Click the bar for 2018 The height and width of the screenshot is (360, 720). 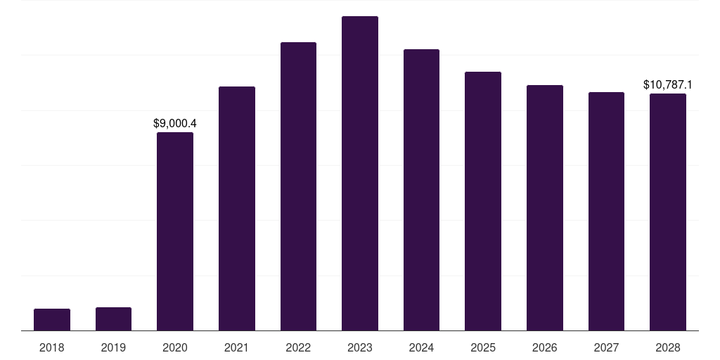tap(52, 319)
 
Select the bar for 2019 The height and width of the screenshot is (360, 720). tap(113, 319)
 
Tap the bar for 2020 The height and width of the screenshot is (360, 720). tap(175, 231)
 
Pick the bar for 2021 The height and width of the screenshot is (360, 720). tap(237, 208)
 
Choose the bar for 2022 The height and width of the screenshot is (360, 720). tap(298, 186)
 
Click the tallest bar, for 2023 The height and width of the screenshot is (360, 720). tap(360, 173)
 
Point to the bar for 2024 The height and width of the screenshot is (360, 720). tap(421, 190)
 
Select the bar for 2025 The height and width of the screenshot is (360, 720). tap(483, 201)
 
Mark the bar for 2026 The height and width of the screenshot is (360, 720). tap(545, 207)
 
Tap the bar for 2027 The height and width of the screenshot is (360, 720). tap(606, 211)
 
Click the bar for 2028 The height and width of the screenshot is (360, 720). tap(668, 212)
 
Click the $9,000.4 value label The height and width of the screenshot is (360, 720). tap(175, 123)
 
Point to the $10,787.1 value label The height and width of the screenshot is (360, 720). tap(668, 85)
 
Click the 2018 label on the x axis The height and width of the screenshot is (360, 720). tap(52, 347)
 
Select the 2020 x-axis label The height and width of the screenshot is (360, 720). tap(175, 347)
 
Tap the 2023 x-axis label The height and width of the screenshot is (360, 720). tap(360, 347)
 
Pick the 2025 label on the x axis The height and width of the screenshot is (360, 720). tap(483, 347)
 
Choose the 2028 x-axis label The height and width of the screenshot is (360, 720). tap(668, 347)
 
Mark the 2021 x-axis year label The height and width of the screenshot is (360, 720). tap(237, 347)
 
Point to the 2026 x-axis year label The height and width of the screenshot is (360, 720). tap(545, 347)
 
